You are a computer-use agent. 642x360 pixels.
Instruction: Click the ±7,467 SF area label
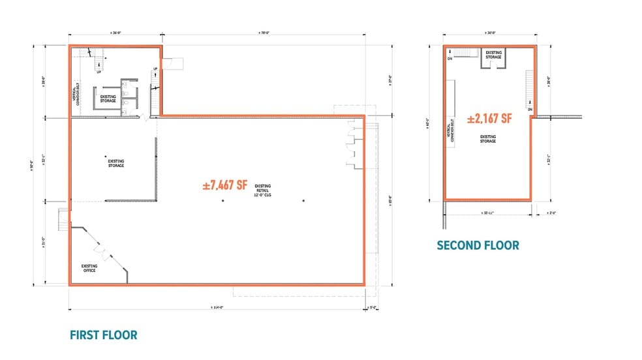click(x=225, y=185)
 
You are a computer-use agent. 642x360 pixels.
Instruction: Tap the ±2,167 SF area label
click(x=489, y=120)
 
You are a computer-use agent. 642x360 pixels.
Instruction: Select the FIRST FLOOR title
click(x=103, y=335)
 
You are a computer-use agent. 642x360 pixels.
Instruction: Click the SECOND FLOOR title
click(x=478, y=245)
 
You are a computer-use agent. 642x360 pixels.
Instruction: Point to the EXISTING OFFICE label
click(x=89, y=267)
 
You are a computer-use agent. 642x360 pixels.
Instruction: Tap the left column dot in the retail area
click(x=222, y=201)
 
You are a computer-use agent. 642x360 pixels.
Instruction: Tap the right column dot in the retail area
click(x=303, y=201)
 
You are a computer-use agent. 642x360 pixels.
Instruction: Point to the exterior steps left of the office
click(x=62, y=219)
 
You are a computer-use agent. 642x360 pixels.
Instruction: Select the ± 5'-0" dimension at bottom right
click(x=373, y=308)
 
